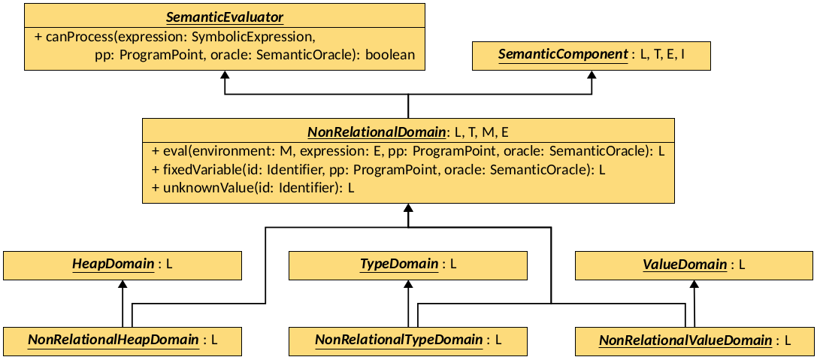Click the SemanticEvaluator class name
pyautogui.click(x=225, y=16)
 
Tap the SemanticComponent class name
pyautogui.click(x=563, y=55)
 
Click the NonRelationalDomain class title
pyautogui.click(x=377, y=132)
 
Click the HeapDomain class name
pyautogui.click(x=113, y=265)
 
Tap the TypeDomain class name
pyautogui.click(x=399, y=265)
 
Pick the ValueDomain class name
pyautogui.click(x=685, y=265)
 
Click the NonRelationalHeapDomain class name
pyautogui.click(x=113, y=340)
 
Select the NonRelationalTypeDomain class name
pyautogui.click(x=398, y=340)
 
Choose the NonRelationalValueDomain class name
pyautogui.click(x=685, y=340)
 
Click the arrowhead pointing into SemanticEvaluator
pyautogui.click(x=224, y=75)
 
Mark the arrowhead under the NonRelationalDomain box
pyautogui.click(x=408, y=208)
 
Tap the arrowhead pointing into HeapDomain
pyautogui.click(x=123, y=284)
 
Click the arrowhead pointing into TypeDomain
pyautogui.click(x=408, y=284)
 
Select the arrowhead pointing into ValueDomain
pyautogui.click(x=694, y=284)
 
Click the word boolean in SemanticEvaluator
pyautogui.click(x=390, y=55)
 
